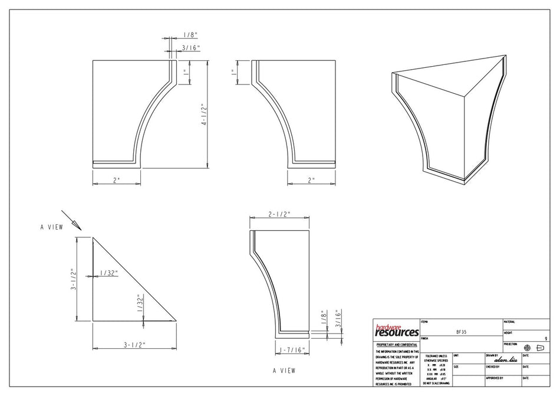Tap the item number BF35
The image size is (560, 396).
tap(462, 332)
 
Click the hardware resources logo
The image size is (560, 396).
tap(396, 330)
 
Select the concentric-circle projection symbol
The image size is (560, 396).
tap(527, 348)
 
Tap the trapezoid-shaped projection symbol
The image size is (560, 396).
tap(540, 348)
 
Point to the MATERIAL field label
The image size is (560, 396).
tap(509, 322)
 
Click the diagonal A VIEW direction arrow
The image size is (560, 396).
tap(71, 220)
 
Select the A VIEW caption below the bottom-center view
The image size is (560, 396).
tap(284, 371)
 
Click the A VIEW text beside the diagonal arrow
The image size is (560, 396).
tap(51, 227)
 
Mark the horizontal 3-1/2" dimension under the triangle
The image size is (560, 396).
tap(134, 344)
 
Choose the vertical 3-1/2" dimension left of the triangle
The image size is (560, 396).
tap(74, 279)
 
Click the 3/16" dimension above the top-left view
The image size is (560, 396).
tap(190, 47)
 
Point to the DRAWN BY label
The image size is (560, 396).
tap(493, 355)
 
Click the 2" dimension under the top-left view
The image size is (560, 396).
tap(116, 179)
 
